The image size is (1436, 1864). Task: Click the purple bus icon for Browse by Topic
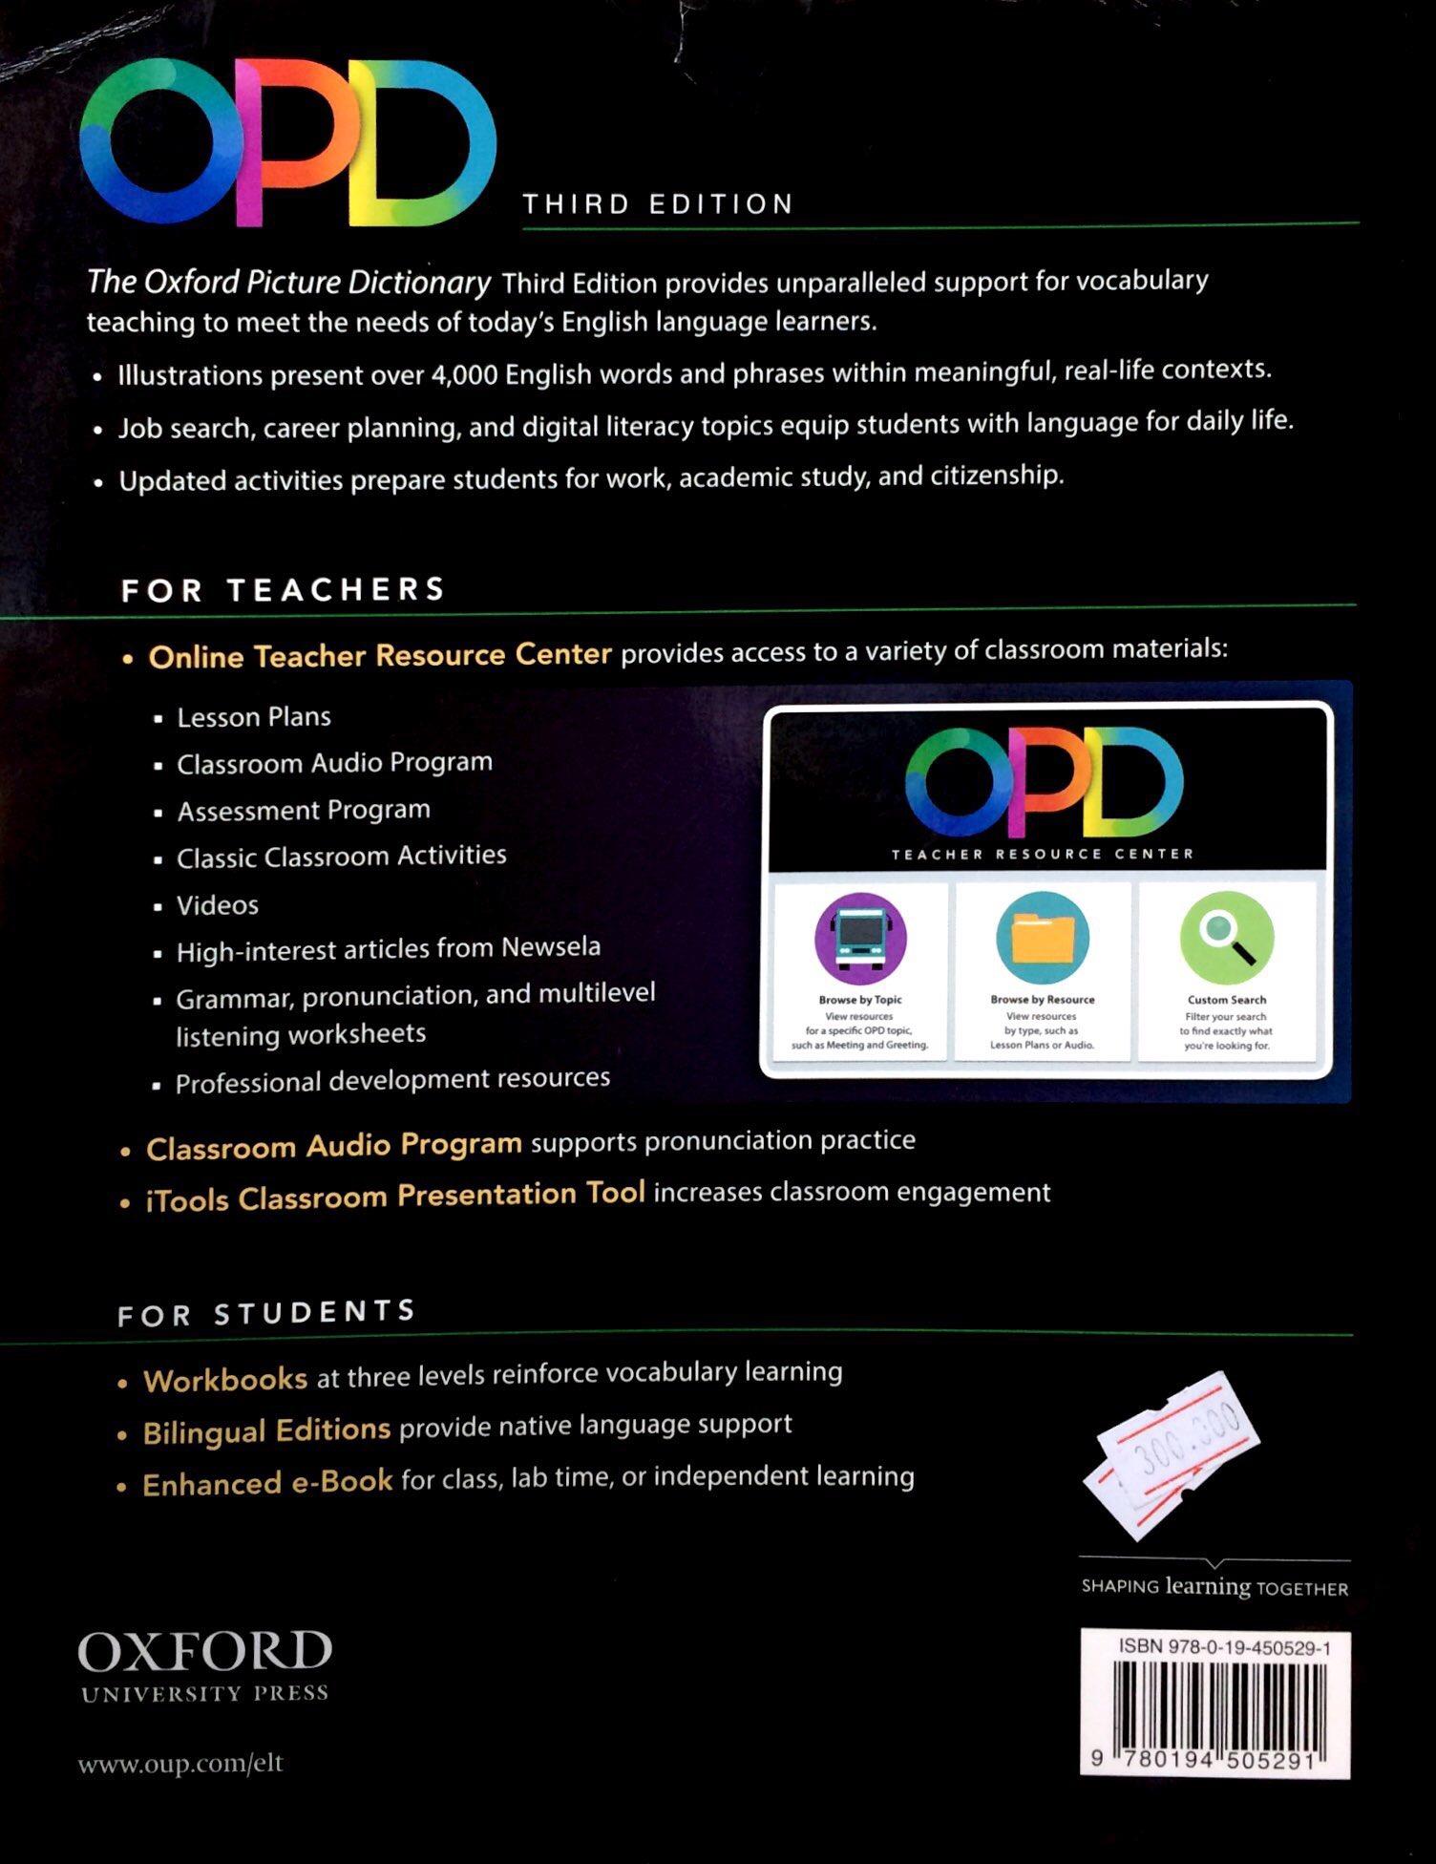click(x=859, y=937)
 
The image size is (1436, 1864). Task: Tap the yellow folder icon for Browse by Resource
click(x=1042, y=937)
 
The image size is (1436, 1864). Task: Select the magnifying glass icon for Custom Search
click(x=1226, y=937)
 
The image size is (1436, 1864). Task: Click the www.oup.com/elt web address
click(x=180, y=1763)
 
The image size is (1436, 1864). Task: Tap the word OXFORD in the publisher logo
click(x=204, y=1652)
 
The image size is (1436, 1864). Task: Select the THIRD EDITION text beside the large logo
click(x=658, y=204)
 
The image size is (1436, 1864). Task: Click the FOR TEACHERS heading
click(x=283, y=590)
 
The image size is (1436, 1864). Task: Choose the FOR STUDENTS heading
click(x=266, y=1314)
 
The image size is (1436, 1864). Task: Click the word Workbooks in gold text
click(x=225, y=1380)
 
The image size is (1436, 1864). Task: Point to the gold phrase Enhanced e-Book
click(x=267, y=1483)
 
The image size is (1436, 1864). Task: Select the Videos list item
click(x=218, y=905)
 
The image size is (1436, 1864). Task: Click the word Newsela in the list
click(x=551, y=947)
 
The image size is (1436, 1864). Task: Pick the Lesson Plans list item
click(x=254, y=717)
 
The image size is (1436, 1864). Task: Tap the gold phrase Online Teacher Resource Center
click(x=380, y=656)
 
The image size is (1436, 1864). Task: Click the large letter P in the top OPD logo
click(x=286, y=143)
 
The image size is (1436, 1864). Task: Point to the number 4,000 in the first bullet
click(x=464, y=374)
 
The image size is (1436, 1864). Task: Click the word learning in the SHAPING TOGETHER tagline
click(x=1207, y=1586)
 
